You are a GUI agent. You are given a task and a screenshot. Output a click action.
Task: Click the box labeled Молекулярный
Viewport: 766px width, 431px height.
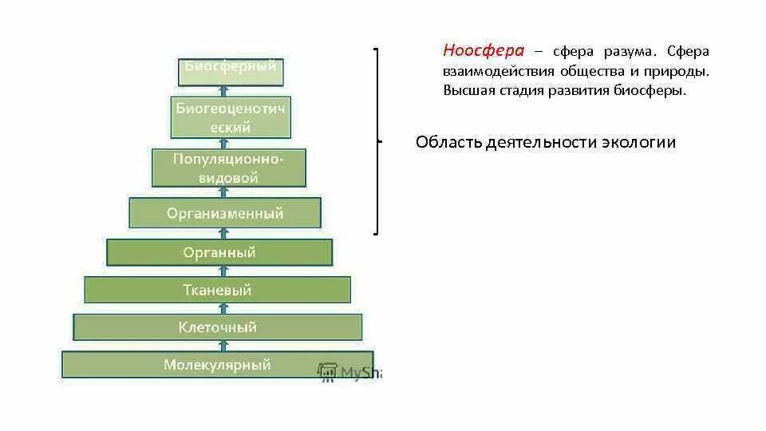217,365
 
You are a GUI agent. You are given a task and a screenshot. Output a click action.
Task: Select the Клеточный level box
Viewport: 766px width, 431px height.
217,327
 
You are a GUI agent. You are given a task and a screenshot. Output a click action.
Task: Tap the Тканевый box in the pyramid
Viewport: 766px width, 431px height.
217,290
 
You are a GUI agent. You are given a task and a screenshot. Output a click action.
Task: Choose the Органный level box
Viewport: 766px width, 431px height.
219,252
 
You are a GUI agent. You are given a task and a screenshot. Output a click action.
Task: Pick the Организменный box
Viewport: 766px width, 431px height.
224,213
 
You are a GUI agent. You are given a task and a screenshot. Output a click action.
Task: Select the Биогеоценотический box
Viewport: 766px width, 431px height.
230,117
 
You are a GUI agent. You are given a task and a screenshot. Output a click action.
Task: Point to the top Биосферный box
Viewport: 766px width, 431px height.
230,69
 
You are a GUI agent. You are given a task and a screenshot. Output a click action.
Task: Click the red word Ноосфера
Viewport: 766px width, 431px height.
484,51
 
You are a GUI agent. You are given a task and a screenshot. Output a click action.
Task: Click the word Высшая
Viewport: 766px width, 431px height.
468,90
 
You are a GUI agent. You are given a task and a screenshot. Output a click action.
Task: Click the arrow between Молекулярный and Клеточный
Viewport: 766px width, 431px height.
224,346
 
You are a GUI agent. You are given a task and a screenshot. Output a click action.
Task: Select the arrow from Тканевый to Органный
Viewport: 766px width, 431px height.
224,271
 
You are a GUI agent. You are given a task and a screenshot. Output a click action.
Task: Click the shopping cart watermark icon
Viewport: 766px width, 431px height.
327,373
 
